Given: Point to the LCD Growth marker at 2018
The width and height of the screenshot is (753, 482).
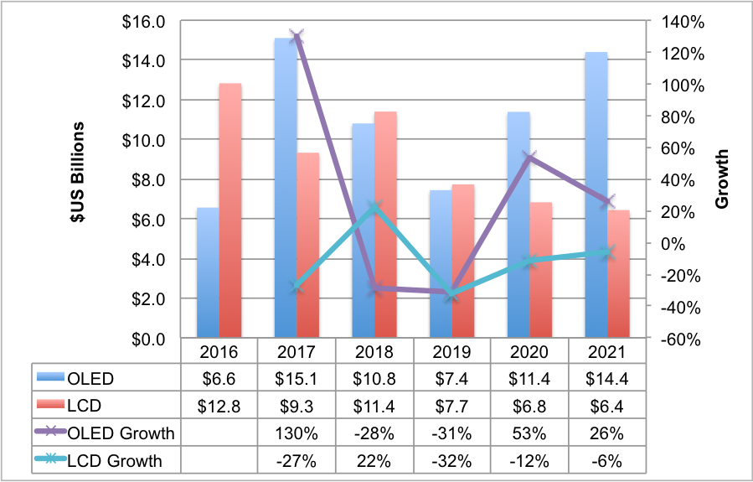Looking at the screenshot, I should (x=374, y=207).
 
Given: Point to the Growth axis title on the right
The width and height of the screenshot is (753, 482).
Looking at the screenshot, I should (x=722, y=179).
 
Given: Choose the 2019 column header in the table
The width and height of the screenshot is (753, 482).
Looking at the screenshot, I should (x=452, y=351).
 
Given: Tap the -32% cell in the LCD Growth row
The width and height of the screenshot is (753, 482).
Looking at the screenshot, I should (x=452, y=461).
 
